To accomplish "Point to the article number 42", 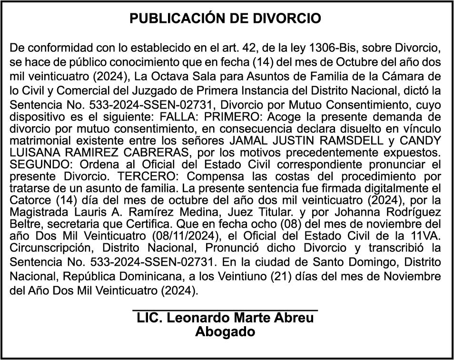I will tap(245, 49).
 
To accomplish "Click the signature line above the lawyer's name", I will tap(225, 310).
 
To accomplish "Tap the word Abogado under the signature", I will tap(225, 332).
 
